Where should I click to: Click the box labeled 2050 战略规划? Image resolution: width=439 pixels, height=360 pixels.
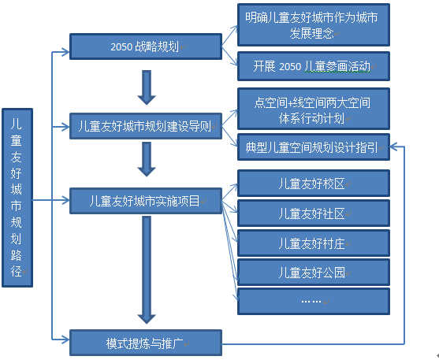[146, 46]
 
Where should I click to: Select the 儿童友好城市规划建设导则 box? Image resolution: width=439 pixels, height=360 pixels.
[146, 126]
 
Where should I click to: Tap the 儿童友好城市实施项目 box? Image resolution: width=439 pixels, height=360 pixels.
[146, 201]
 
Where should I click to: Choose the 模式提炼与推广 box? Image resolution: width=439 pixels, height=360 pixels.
[146, 343]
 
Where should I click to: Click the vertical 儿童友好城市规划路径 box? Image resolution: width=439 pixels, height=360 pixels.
[17, 198]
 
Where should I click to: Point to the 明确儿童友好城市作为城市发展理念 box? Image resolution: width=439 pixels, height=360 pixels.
[314, 25]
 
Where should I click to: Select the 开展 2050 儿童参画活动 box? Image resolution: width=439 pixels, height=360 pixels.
[314, 66]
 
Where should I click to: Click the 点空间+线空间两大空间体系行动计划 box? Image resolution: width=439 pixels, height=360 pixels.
[314, 109]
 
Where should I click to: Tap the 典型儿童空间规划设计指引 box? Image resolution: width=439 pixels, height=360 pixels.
[314, 147]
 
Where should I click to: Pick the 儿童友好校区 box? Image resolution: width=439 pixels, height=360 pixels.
[314, 183]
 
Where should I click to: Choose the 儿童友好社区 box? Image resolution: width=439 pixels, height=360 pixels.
[314, 213]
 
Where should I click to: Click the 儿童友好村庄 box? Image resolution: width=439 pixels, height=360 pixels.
[314, 243]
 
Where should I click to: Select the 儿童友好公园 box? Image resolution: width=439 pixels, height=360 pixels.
[314, 272]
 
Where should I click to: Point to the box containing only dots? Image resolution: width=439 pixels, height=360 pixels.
[314, 302]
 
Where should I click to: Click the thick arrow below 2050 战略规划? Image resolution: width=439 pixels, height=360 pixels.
[147, 87]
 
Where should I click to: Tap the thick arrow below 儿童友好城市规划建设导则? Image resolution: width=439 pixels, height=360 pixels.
[147, 159]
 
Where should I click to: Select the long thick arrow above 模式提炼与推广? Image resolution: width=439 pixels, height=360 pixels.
[147, 270]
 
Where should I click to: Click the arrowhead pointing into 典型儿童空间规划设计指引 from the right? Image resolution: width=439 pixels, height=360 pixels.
[393, 147]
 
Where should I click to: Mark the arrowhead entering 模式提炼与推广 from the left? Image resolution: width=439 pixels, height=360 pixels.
[65, 340]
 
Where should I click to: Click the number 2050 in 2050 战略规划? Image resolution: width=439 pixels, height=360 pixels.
[121, 47]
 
